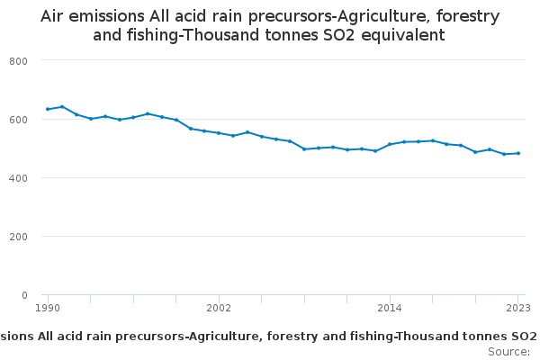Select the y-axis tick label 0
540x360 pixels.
click(x=25, y=295)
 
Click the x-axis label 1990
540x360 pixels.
click(x=48, y=308)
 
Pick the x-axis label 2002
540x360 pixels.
click(x=219, y=308)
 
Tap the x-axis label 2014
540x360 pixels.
click(x=390, y=308)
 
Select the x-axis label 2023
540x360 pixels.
click(x=518, y=308)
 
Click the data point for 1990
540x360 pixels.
click(x=48, y=109)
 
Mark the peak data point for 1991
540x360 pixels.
click(x=62, y=106)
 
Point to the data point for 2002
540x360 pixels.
click(x=219, y=133)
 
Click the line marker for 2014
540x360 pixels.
click(x=390, y=144)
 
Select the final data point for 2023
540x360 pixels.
click(x=518, y=153)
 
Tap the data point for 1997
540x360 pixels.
click(x=148, y=113)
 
